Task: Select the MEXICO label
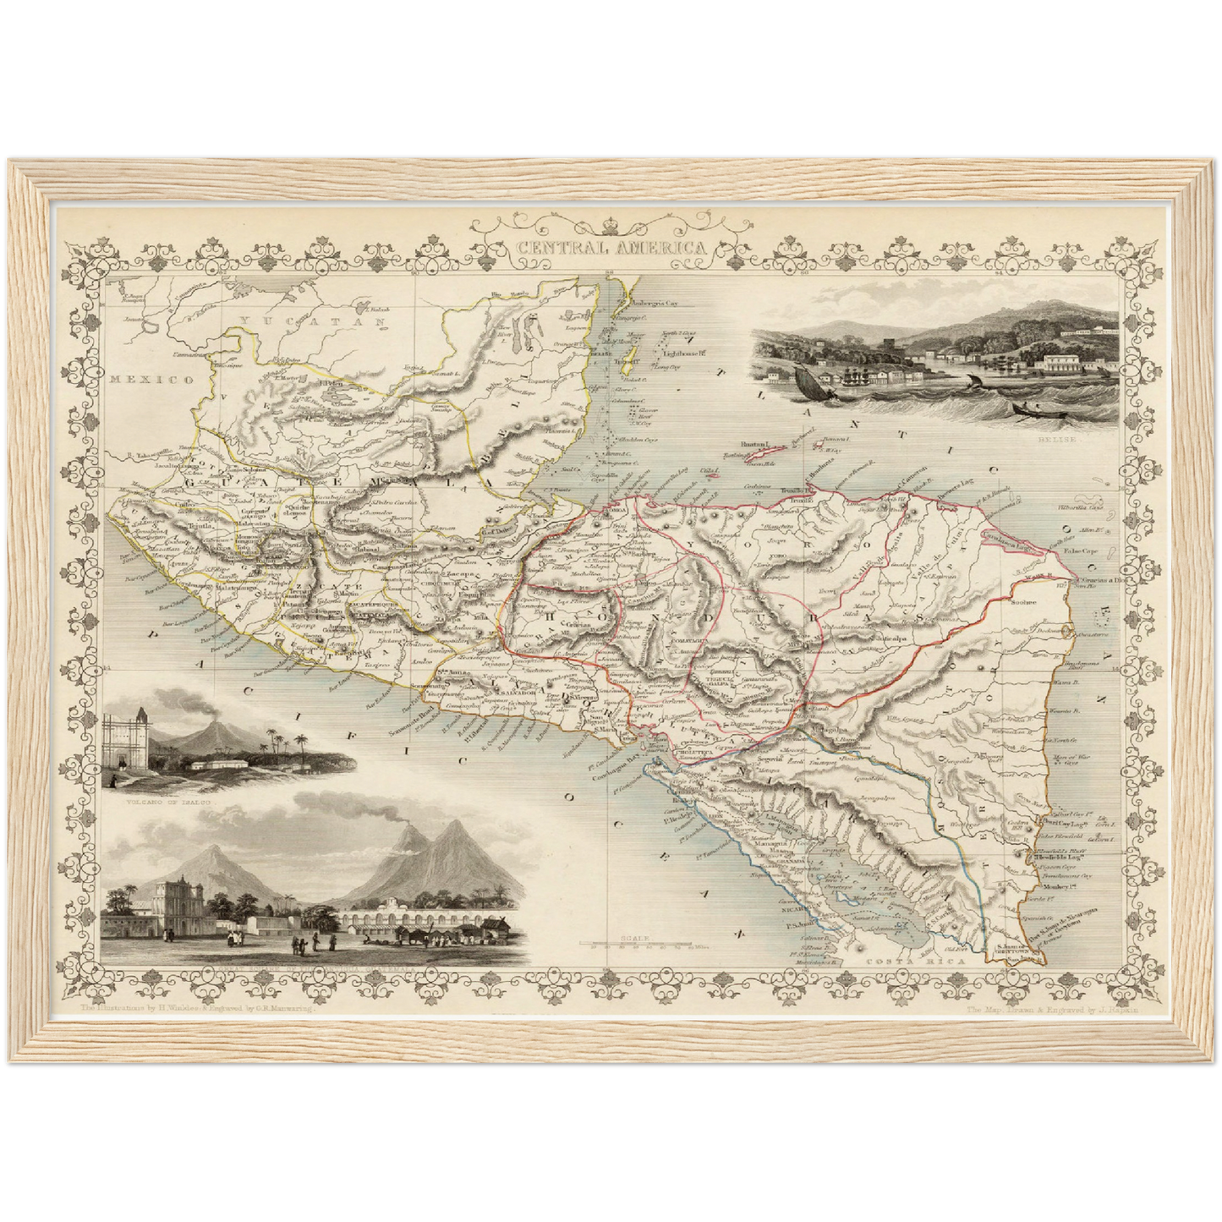[x=152, y=380]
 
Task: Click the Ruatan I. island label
[x=753, y=443]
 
